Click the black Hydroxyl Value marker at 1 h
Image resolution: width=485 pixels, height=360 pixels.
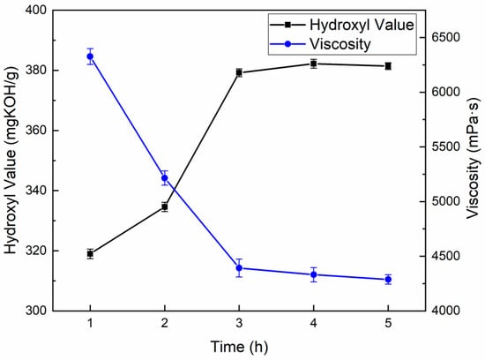90,253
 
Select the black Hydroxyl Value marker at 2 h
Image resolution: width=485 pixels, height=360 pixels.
165,207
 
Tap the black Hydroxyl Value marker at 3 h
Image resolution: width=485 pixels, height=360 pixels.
239,72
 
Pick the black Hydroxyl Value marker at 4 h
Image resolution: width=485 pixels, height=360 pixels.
314,64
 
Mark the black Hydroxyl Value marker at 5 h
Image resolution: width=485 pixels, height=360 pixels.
388,66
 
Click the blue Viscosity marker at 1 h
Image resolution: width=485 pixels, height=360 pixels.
90,56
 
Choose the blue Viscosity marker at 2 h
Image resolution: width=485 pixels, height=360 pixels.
165,178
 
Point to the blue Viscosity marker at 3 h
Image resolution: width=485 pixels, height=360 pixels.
239,268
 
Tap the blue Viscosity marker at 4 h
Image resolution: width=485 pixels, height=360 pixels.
314,274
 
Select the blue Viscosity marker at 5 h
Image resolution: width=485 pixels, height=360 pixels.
388,280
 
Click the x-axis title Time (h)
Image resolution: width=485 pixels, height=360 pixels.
239,348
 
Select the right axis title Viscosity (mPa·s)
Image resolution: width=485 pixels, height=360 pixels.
474,161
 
